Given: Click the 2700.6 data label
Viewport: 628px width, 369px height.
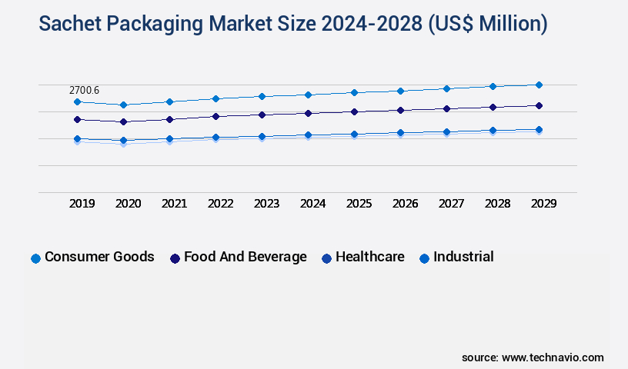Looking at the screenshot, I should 84,91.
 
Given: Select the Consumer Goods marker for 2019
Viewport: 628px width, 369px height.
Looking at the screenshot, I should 77,101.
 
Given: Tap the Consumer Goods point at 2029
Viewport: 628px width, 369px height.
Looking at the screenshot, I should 539,85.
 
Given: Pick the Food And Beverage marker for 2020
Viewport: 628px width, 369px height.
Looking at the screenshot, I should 123,121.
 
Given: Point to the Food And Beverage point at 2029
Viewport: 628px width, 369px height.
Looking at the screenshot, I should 539,105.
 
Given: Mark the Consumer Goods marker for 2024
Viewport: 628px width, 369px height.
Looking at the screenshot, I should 308,95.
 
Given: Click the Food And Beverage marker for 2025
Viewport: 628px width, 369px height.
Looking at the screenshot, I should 354,111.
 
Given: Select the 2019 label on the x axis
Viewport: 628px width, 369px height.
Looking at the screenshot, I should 82,204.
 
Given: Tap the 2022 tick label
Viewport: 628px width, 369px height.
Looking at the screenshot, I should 220,204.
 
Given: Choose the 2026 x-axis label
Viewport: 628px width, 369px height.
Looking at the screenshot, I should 405,204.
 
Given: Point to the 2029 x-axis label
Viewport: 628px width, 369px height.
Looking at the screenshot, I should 543,204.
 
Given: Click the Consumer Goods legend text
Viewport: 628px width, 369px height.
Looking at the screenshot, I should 99,257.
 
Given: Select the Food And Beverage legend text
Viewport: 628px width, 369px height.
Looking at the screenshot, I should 245,257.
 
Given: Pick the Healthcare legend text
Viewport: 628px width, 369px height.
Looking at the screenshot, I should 369,257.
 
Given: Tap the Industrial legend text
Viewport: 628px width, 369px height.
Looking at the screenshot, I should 463,257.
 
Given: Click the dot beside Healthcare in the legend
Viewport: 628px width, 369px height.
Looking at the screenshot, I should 327,258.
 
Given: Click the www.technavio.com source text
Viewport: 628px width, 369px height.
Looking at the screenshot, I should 553,357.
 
